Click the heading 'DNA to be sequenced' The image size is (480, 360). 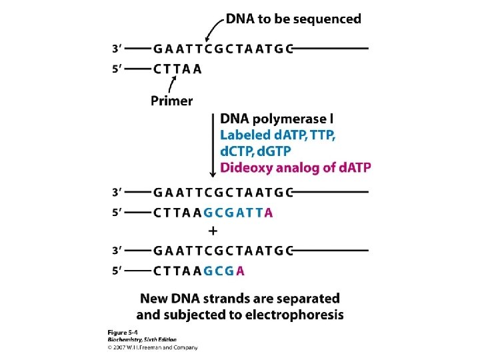[293, 19]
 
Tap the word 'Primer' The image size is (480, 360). [171, 101]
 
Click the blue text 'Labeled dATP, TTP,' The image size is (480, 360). [278, 135]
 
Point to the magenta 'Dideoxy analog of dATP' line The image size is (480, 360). [295, 167]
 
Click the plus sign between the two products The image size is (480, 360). [213, 231]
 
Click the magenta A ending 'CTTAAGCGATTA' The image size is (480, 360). [269, 213]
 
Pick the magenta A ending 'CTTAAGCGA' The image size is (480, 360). [240, 271]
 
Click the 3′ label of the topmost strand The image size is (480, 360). [116, 49]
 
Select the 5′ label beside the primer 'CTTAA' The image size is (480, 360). [116, 68]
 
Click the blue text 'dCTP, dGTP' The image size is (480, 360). [255, 151]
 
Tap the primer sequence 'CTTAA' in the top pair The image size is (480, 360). [177, 68]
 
